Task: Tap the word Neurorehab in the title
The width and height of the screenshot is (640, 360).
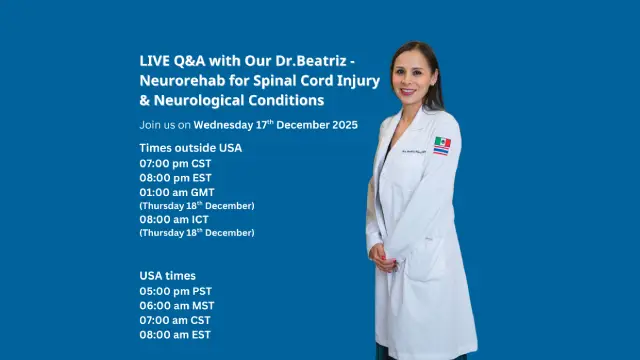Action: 177,80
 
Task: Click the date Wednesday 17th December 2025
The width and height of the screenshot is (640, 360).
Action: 275,125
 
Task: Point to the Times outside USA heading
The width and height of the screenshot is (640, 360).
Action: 190,148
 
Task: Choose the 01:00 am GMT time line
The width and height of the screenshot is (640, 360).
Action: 177,192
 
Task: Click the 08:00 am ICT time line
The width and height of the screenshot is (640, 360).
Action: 175,219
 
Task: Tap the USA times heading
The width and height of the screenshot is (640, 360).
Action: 167,275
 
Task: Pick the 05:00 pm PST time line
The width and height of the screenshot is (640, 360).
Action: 176,291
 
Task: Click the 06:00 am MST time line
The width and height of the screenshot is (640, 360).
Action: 177,306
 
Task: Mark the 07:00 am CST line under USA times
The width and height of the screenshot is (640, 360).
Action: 176,320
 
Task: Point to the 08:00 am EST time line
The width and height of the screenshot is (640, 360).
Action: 175,335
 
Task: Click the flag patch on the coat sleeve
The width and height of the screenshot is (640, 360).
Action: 442,146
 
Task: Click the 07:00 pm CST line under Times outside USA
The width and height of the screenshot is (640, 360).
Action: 175,162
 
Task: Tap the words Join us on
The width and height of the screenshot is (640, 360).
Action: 165,125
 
